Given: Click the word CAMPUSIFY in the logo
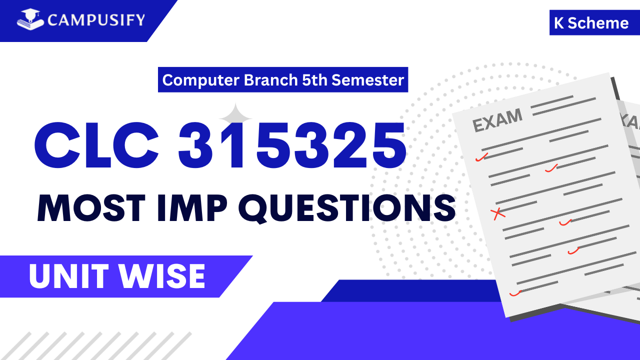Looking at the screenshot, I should [96, 20].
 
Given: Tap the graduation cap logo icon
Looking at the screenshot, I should [31, 19].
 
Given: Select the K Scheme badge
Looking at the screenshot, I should [591, 23].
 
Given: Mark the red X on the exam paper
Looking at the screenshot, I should [498, 214].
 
